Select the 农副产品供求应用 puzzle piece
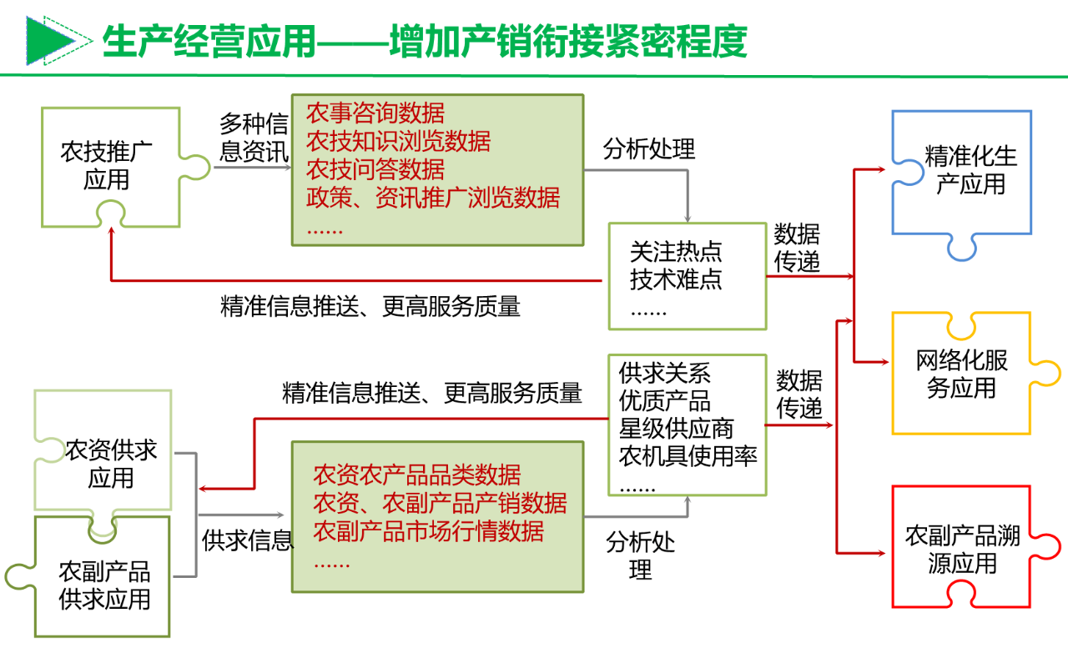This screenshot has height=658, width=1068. pos(104,585)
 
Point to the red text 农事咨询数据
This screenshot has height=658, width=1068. pos(375,113)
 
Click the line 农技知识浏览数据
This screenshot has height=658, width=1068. pos(398,142)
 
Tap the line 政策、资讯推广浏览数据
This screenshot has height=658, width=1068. pos(433,198)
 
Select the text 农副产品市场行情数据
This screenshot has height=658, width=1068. pos(428,530)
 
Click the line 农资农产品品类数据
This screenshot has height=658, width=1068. pos(416,475)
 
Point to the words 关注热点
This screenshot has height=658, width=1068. pos(676,252)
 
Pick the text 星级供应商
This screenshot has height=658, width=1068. pos(676,429)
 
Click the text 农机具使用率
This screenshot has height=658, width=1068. pos(688,456)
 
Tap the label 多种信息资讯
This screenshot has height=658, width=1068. pos(254,138)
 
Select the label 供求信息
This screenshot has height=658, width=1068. pos(248,540)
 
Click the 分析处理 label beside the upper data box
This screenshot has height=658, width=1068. pos(649,149)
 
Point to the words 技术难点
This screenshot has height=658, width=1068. pos(676,279)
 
